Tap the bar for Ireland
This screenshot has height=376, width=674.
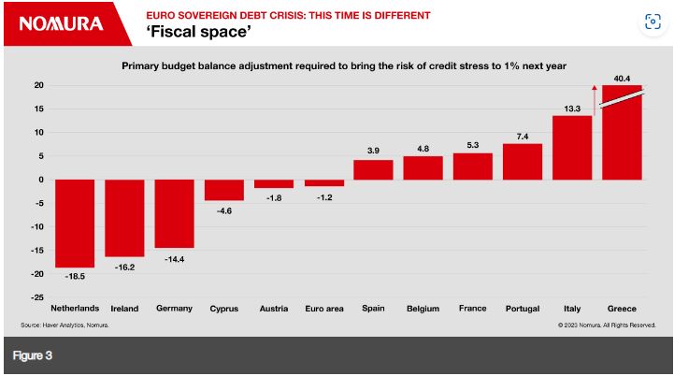[124, 217]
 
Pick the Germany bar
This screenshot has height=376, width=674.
[174, 213]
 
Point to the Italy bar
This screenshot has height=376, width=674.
[572, 148]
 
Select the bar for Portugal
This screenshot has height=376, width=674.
[523, 161]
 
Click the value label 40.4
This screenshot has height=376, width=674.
[623, 78]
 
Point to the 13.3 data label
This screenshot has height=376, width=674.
[572, 108]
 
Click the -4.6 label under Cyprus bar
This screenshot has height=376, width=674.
[223, 211]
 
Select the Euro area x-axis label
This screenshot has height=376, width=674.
[323, 308]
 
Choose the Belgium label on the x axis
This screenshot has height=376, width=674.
[423, 308]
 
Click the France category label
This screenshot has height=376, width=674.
[472, 308]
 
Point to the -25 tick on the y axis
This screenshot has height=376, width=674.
[38, 296]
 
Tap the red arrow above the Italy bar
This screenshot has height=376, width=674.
[594, 98]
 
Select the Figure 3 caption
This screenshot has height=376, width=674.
[33, 356]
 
